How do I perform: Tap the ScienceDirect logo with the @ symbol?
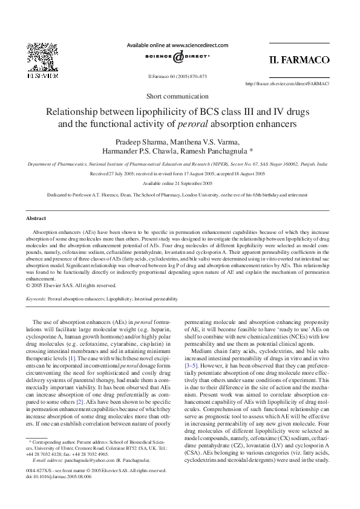point(177,58)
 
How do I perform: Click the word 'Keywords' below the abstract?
point(37,299)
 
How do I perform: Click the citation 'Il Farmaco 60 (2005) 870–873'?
point(177,77)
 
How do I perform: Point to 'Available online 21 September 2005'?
point(177,183)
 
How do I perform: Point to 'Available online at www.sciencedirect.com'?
point(177,45)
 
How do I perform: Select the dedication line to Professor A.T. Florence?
point(177,196)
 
